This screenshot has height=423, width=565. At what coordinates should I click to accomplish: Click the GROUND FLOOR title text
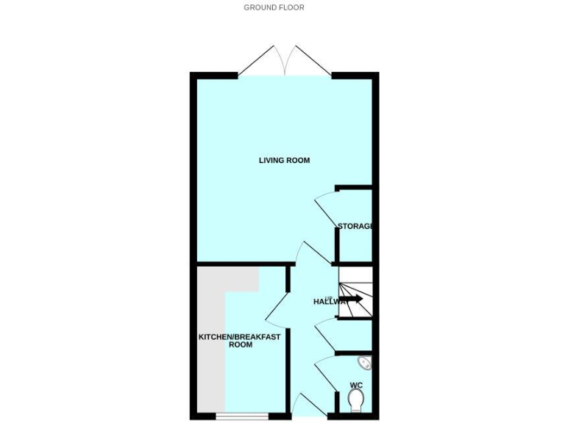click(x=274, y=7)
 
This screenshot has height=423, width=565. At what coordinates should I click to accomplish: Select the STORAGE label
click(x=355, y=226)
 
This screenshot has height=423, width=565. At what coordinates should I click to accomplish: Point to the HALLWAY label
click(x=329, y=302)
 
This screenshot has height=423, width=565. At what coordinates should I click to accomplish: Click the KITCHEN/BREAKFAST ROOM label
click(x=229, y=341)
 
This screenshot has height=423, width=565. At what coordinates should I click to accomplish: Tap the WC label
click(x=356, y=385)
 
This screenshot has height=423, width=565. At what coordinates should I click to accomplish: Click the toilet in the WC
click(x=356, y=401)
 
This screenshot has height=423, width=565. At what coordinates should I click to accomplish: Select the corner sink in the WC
click(x=364, y=364)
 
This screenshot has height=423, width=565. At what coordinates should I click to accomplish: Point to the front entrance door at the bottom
click(x=305, y=406)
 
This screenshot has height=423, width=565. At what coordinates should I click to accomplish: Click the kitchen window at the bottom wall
click(x=242, y=417)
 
